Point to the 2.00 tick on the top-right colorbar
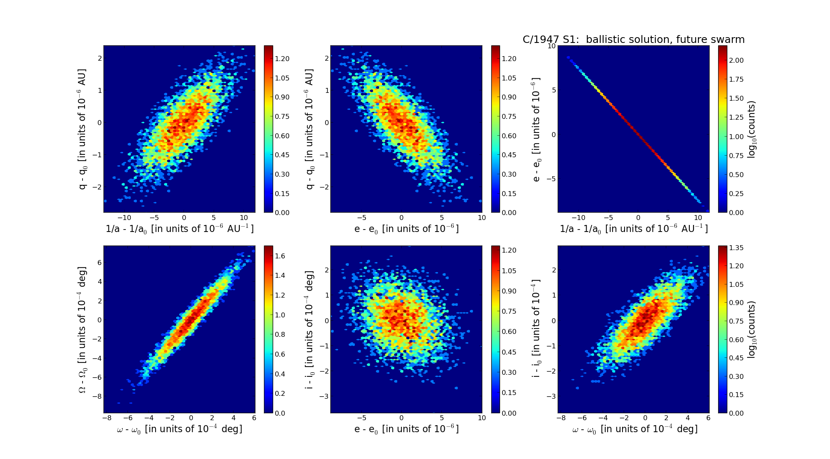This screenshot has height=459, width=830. point(736,60)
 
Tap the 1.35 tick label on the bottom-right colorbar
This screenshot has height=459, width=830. point(736,248)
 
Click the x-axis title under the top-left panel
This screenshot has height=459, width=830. point(179,229)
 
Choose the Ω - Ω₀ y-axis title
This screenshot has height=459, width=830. point(83,330)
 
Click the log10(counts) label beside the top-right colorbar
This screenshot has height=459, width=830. point(752,129)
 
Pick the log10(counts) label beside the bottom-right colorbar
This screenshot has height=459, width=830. point(752,329)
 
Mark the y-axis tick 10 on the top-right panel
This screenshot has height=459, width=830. point(551,46)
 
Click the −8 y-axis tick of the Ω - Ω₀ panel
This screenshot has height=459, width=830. point(97,396)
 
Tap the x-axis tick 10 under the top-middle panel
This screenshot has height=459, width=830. point(481,218)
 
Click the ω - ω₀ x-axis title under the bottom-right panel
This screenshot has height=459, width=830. point(634,429)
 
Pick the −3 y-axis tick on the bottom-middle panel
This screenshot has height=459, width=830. point(324,396)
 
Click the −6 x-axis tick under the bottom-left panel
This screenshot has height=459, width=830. point(128,418)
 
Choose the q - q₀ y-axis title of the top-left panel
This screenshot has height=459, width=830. point(83,129)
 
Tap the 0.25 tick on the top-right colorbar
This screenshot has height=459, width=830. point(736,194)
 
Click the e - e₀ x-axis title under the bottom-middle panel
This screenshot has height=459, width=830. point(406,429)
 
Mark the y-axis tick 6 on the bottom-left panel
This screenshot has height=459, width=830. point(99,263)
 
